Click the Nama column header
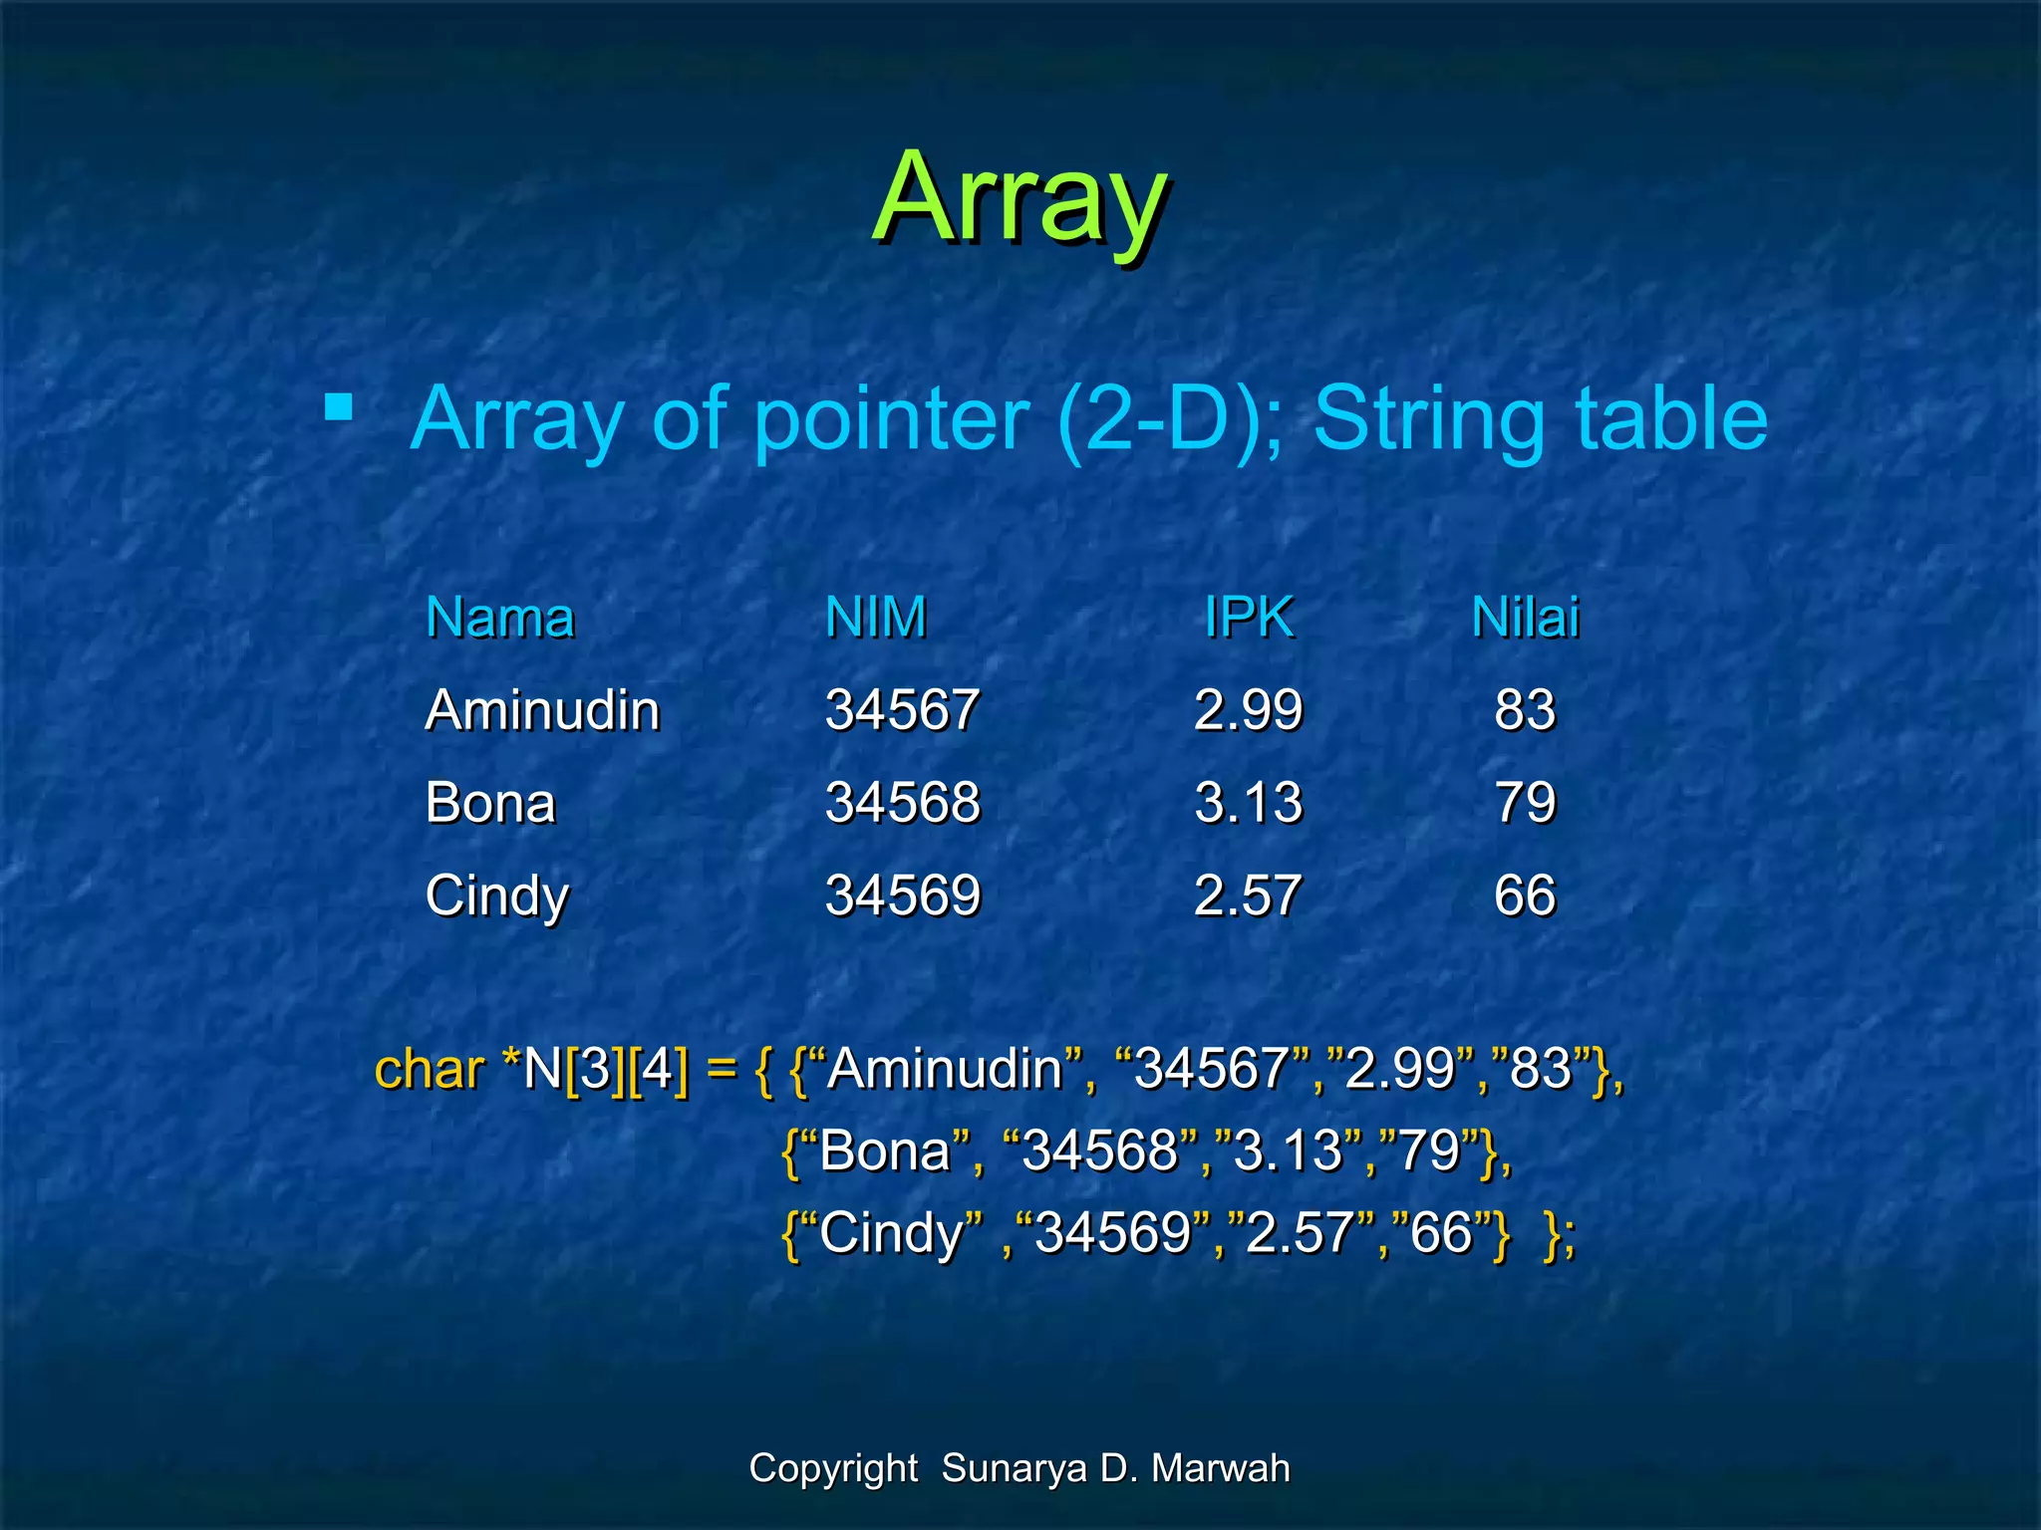pos(500,618)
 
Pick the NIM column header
pos(876,618)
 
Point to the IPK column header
pos(1249,618)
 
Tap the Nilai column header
pos(1525,618)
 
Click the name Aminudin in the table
pos(542,710)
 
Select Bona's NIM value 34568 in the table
pos(903,803)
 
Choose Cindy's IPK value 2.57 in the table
pos(1248,894)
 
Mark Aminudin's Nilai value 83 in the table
pos(1525,710)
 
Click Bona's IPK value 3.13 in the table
pos(1248,803)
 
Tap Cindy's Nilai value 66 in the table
pos(1525,894)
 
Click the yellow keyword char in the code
pos(430,1070)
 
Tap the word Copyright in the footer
pos(833,1468)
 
